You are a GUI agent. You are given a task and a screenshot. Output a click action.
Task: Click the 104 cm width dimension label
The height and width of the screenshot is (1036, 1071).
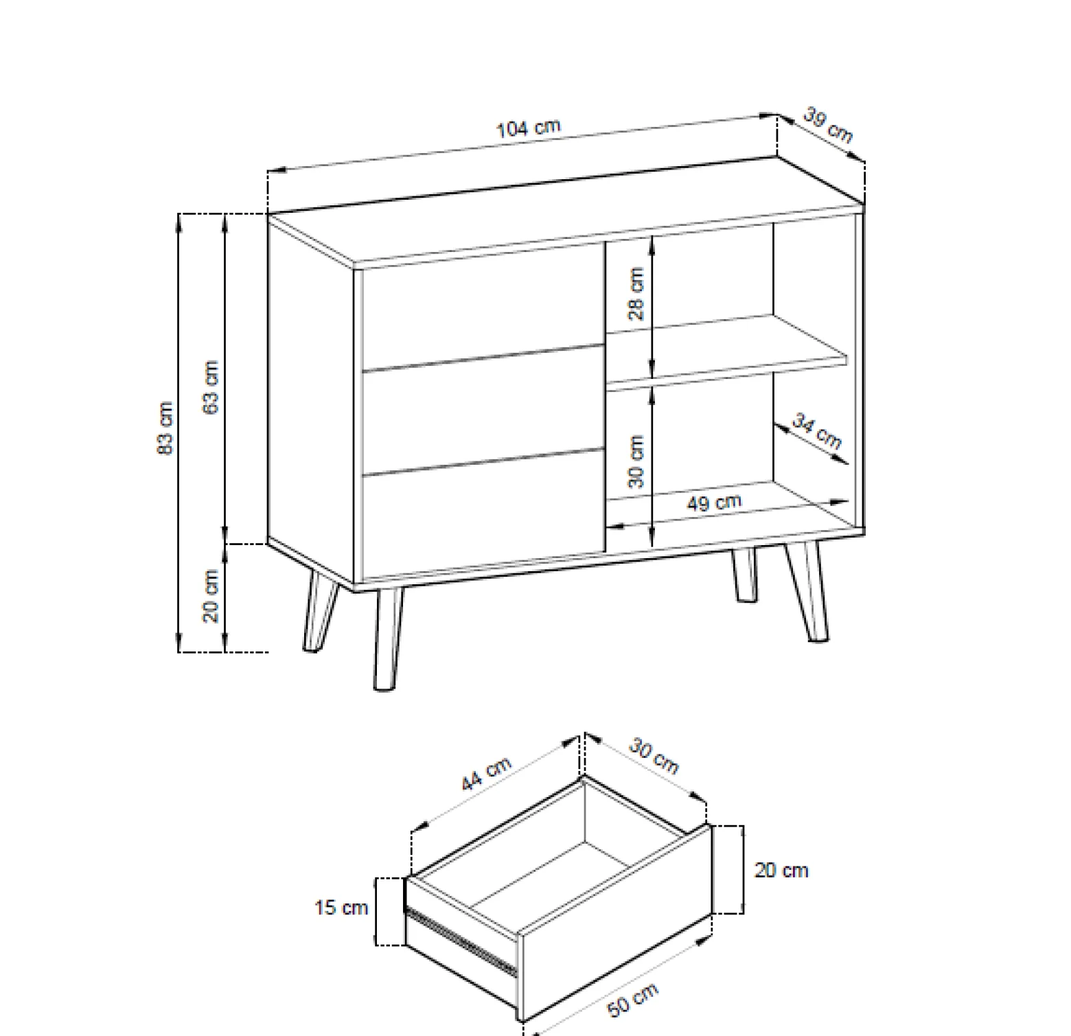tap(528, 128)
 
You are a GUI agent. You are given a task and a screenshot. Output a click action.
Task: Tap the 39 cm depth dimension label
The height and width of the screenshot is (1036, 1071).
tap(829, 126)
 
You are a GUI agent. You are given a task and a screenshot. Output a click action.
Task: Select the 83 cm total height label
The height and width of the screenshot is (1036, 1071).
tap(165, 428)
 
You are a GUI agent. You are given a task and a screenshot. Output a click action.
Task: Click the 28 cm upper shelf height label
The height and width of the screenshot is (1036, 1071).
tap(636, 294)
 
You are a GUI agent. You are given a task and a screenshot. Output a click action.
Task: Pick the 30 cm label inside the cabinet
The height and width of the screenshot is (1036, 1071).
tap(636, 461)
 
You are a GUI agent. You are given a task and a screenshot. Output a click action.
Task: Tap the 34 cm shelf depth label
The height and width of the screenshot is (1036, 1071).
tap(817, 431)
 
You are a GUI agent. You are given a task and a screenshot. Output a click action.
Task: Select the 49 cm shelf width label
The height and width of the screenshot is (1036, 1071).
tap(715, 503)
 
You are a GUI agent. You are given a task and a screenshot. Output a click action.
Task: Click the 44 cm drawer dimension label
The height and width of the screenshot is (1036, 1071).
tap(486, 774)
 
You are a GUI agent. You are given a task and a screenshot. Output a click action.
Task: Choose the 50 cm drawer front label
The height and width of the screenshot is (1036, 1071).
tap(633, 999)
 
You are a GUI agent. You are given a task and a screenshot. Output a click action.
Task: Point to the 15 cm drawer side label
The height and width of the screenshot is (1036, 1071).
tap(341, 908)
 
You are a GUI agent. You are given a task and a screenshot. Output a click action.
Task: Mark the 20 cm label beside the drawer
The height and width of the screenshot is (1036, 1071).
tap(781, 871)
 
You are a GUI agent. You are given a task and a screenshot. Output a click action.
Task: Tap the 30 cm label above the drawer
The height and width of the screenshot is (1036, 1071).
tap(654, 756)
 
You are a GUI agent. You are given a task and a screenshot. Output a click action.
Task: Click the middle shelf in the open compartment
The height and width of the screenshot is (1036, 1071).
tap(727, 349)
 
